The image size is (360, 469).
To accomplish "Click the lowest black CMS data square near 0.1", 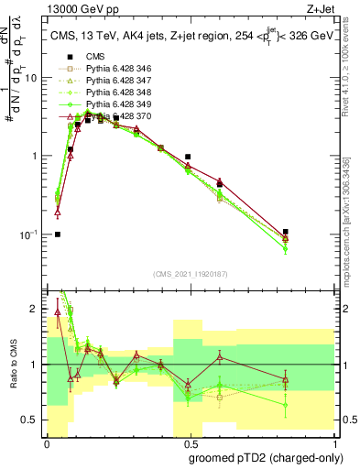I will click(x=57, y=234).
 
